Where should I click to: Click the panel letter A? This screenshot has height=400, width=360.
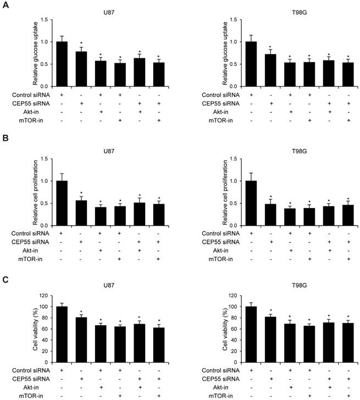[x=4, y=5]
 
